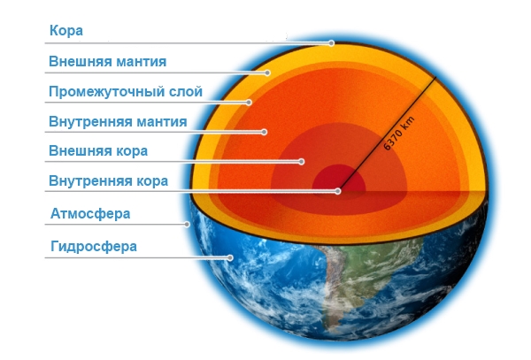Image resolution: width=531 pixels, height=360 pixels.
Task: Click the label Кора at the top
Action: pyautogui.click(x=66, y=30)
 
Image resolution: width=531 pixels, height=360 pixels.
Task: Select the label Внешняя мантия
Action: pyautogui.click(x=108, y=62)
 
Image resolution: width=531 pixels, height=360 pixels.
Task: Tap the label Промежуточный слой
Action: pyautogui.click(x=126, y=92)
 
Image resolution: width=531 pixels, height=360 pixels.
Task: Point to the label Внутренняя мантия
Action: pyautogui.click(x=118, y=121)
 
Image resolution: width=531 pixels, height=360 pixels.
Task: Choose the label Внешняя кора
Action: pyautogui.click(x=98, y=151)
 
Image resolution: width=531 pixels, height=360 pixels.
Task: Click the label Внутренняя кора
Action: pyautogui.click(x=108, y=181)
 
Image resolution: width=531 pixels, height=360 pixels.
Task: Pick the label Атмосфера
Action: pyautogui.click(x=90, y=214)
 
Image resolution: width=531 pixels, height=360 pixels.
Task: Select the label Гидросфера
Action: pyautogui.click(x=94, y=246)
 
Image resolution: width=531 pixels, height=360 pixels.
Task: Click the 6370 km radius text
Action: pyautogui.click(x=399, y=134)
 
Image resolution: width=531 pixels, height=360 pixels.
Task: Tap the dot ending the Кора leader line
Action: pyautogui.click(x=332, y=43)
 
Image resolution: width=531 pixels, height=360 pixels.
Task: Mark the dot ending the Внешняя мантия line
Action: pyautogui.click(x=267, y=73)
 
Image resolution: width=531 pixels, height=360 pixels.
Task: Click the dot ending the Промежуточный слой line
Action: pyautogui.click(x=249, y=103)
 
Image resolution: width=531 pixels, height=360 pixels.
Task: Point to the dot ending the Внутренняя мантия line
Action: pyautogui.click(x=264, y=132)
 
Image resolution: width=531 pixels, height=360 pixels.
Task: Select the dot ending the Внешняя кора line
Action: pyautogui.click(x=302, y=162)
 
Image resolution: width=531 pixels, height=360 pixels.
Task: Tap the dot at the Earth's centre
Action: pyautogui.click(x=338, y=191)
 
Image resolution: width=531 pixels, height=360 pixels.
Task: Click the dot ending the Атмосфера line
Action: pyautogui.click(x=187, y=224)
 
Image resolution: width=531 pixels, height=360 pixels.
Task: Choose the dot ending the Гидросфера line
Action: pyautogui.click(x=230, y=257)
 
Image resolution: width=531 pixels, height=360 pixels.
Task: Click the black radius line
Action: pyautogui.click(x=387, y=134)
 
